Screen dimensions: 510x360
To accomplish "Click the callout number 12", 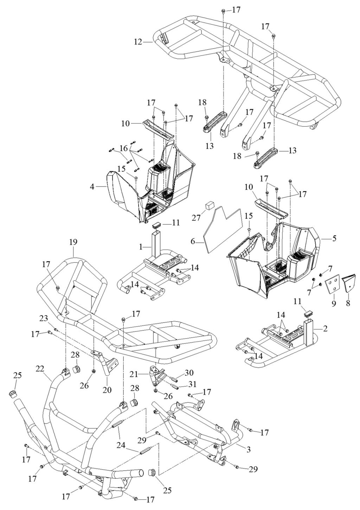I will (x=138, y=42).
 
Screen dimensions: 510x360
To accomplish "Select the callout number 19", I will (x=73, y=242).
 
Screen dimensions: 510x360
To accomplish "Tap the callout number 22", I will (x=40, y=369).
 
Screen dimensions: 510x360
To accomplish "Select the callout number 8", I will (x=348, y=302).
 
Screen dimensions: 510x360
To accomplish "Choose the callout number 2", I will (x=325, y=329).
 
